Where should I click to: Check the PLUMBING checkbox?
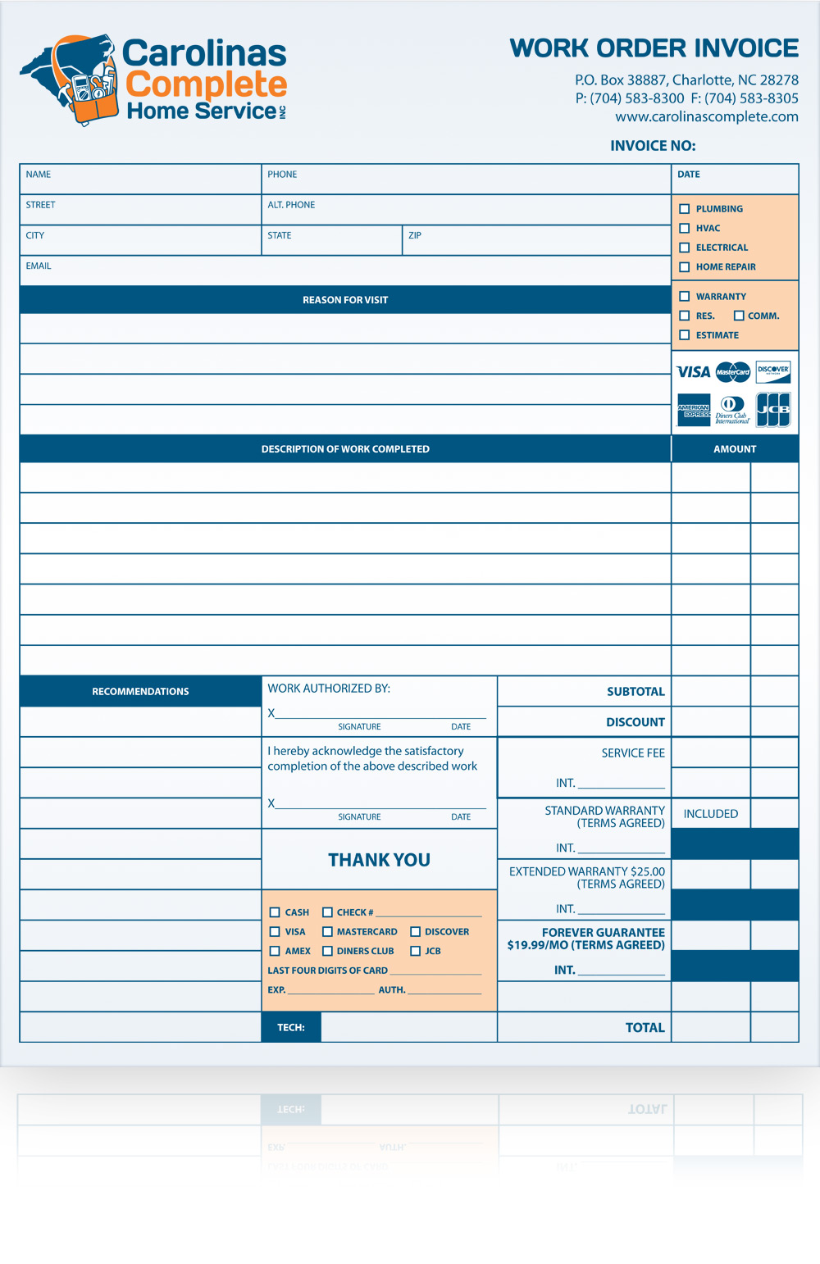click(x=685, y=209)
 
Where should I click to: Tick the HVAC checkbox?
click(x=685, y=229)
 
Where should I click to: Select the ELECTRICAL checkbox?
click(x=685, y=248)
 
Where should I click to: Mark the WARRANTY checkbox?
click(x=685, y=297)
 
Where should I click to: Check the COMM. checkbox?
click(x=739, y=316)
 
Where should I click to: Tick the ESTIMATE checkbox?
click(x=685, y=335)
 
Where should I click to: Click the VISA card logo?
click(x=694, y=372)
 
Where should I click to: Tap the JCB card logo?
click(x=773, y=410)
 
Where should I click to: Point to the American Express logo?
click(x=694, y=410)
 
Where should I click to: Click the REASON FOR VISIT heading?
click(x=345, y=300)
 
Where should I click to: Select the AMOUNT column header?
click(x=735, y=449)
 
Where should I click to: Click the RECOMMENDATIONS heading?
click(x=140, y=692)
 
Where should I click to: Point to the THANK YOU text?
click(x=379, y=860)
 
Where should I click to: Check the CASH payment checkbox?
click(x=275, y=912)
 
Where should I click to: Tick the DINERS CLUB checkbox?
click(x=327, y=951)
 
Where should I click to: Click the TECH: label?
click(x=291, y=1027)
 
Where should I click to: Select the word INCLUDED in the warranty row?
click(x=711, y=814)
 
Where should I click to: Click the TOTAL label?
click(x=645, y=1028)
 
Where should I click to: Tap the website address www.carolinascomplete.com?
click(x=707, y=116)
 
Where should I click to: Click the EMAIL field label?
click(x=39, y=266)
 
